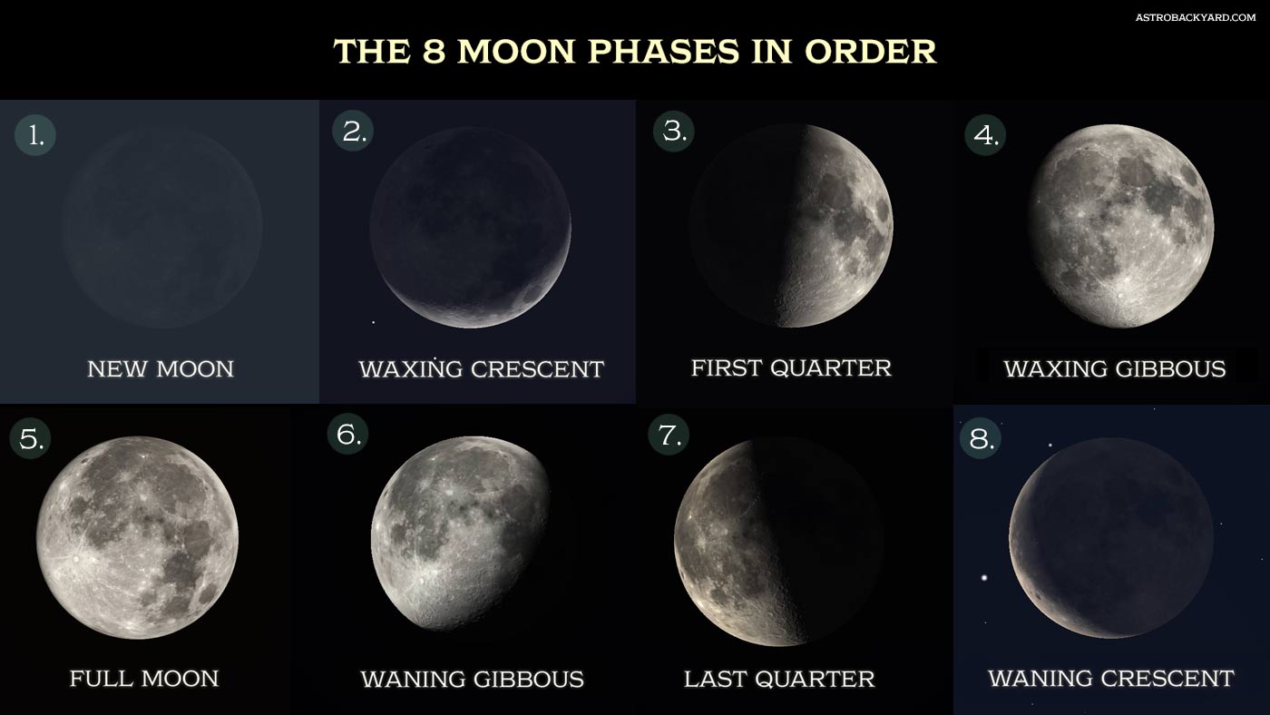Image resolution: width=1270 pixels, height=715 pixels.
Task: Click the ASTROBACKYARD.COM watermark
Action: click(x=1196, y=17)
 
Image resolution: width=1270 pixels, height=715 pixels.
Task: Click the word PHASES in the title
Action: click(x=664, y=52)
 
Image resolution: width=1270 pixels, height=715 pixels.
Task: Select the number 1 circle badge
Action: click(x=35, y=135)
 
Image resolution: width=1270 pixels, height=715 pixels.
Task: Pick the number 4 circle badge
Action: click(x=985, y=135)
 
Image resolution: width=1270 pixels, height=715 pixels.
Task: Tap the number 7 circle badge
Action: click(x=669, y=435)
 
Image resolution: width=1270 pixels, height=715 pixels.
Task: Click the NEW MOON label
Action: click(x=161, y=369)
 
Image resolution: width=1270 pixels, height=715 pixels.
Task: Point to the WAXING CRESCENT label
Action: click(x=482, y=369)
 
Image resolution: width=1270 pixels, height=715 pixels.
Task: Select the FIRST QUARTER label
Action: click(x=791, y=368)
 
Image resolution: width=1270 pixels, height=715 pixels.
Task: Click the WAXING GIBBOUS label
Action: click(x=1115, y=369)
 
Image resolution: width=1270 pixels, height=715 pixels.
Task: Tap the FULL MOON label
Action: click(x=144, y=679)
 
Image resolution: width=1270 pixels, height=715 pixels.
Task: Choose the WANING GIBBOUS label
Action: click(x=473, y=680)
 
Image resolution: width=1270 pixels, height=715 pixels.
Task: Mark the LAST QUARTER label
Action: click(x=779, y=680)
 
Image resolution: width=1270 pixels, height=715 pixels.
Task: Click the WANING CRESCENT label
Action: click(x=1111, y=678)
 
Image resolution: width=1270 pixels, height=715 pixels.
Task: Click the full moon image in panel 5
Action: click(x=137, y=537)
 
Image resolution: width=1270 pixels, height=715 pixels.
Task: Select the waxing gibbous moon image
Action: click(x=1121, y=226)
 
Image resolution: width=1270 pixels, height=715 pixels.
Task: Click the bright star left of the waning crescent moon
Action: click(x=984, y=578)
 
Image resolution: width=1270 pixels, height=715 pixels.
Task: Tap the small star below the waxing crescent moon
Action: click(x=373, y=323)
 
